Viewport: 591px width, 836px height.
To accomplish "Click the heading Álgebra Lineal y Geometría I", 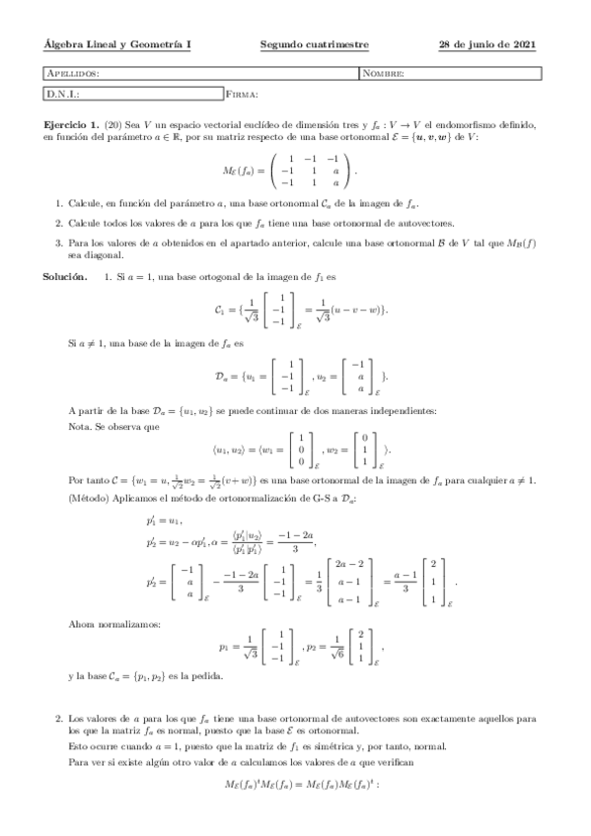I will (118, 44).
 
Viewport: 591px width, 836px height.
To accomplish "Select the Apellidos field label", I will (73, 74).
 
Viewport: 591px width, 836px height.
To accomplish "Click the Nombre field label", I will (384, 74).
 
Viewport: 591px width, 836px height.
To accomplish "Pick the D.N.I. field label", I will (62, 95).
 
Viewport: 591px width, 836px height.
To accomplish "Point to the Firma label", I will (243, 95).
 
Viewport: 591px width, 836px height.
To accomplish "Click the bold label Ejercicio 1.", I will (72, 126).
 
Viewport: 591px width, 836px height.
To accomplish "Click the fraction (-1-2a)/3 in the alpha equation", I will (296, 541).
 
